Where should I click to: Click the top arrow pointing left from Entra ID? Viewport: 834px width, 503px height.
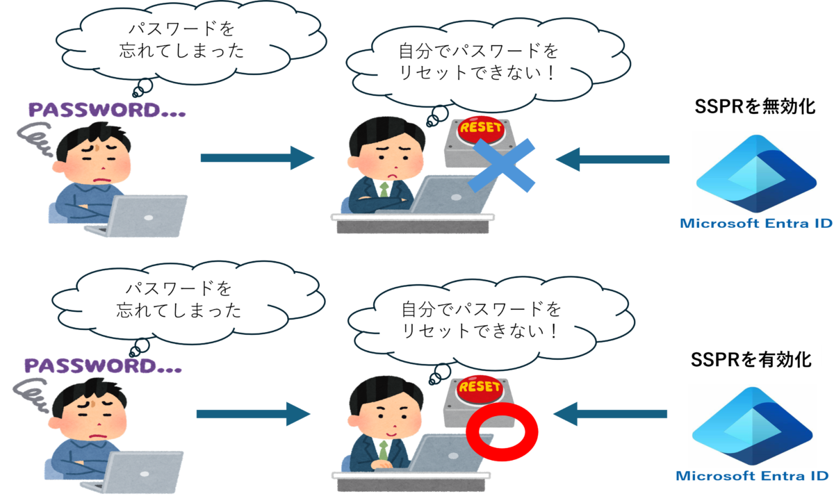point(612,160)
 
